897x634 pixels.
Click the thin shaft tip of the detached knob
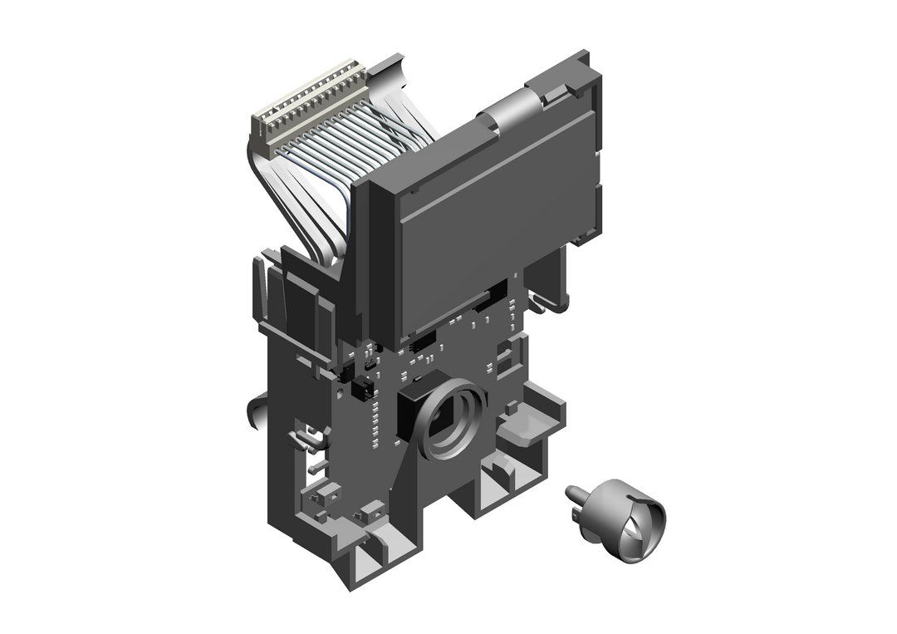point(571,493)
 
